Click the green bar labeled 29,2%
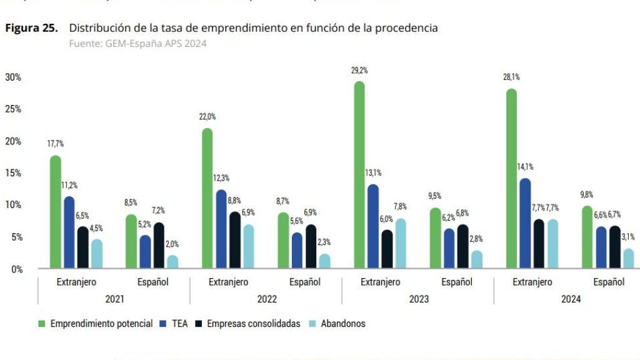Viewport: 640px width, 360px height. coord(359,175)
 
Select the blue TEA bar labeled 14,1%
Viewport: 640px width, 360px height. coord(526,224)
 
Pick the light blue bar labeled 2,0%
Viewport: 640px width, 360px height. coord(172,262)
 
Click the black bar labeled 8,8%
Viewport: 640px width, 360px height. coord(234,241)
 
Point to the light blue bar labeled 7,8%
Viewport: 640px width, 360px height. coord(401,244)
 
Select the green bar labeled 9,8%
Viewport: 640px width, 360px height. coord(587,237)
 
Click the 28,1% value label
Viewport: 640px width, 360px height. coord(511,77)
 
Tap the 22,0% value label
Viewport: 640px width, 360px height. coord(207,117)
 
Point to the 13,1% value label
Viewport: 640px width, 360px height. coord(373,172)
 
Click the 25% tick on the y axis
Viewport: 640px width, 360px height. coord(13,109)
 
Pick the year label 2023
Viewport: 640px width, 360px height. coord(419,299)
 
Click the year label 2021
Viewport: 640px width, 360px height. coord(114,299)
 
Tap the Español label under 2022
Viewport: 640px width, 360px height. coord(305,282)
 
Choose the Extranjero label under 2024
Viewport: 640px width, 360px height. coord(532,282)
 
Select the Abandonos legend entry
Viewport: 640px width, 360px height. coord(342,324)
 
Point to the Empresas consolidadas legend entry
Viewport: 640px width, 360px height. coord(254,324)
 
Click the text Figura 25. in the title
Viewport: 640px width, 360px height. coord(32,28)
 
